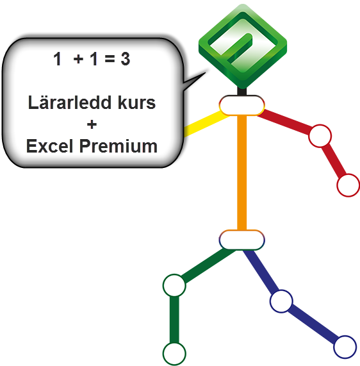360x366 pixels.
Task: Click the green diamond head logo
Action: (x=243, y=46)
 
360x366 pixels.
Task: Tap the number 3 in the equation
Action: (x=126, y=59)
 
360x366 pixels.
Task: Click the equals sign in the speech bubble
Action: (x=110, y=58)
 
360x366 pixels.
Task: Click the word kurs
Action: (x=136, y=103)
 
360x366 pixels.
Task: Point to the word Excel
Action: (x=49, y=146)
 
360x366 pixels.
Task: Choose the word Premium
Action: (x=119, y=146)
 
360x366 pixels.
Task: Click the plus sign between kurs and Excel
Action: (x=92, y=124)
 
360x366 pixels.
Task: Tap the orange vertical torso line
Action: (x=241, y=172)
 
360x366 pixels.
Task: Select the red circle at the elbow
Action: (x=320, y=136)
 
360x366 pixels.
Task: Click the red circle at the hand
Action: (x=348, y=185)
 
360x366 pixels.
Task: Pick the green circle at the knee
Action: (x=174, y=285)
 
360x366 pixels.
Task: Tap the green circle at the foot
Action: (x=174, y=354)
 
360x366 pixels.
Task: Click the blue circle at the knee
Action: (x=281, y=301)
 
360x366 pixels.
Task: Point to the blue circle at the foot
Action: (x=345, y=347)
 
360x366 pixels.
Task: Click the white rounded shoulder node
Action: (x=241, y=105)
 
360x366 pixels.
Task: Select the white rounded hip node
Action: (x=241, y=240)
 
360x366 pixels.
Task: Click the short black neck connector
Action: (x=241, y=91)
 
